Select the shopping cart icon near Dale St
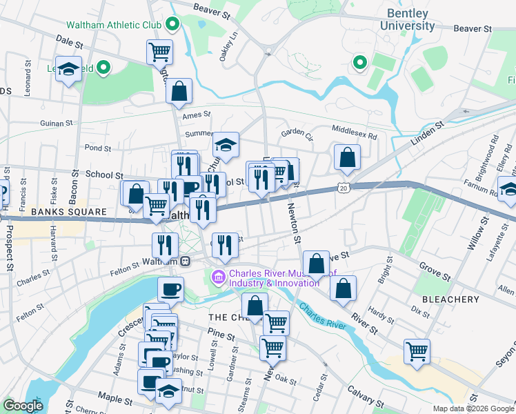click(159, 51)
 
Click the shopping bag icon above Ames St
click(179, 90)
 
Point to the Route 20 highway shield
click(343, 187)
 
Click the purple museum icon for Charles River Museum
click(219, 277)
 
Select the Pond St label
click(97, 148)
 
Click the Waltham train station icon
click(185, 261)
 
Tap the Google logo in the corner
click(23, 406)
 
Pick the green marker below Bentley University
click(359, 63)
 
